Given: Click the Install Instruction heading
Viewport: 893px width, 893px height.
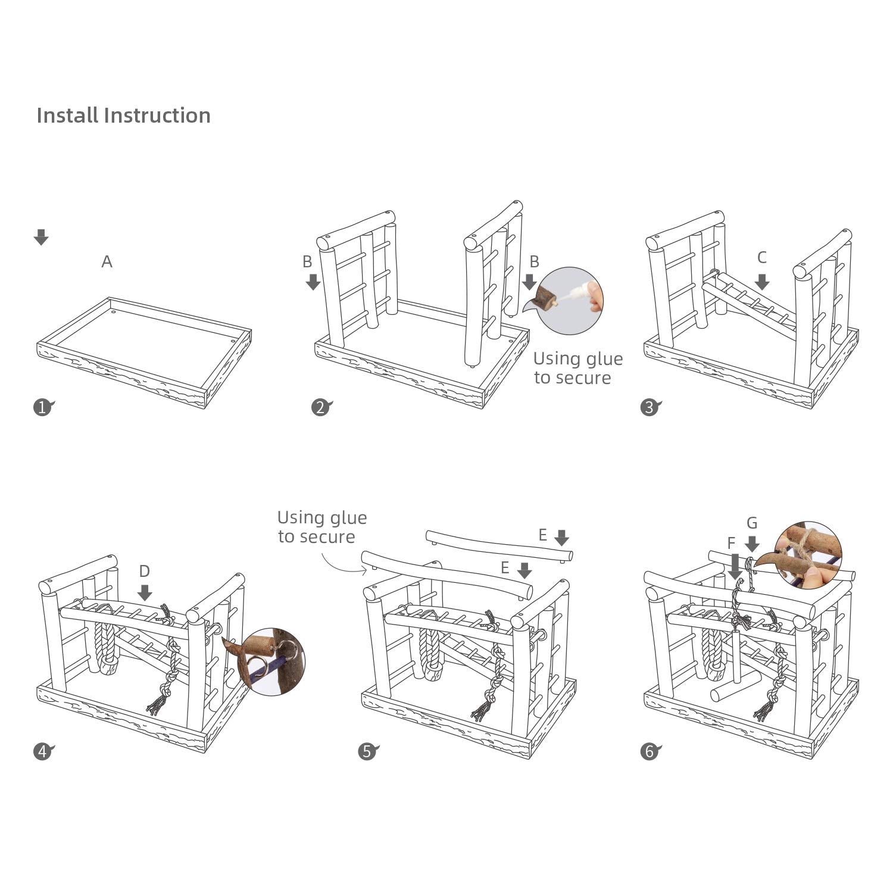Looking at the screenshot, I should [x=123, y=115].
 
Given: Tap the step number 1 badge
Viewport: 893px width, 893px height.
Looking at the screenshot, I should [x=42, y=408].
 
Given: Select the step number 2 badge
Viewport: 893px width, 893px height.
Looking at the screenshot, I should [x=320, y=408].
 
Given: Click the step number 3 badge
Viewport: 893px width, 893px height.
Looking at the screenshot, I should [x=649, y=408].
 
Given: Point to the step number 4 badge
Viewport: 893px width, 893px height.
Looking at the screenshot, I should [x=42, y=752].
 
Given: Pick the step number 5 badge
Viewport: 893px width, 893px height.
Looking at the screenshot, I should [x=367, y=752].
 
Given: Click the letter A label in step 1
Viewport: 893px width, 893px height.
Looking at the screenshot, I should [x=107, y=261].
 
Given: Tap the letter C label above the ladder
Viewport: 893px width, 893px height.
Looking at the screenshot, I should [x=761, y=258].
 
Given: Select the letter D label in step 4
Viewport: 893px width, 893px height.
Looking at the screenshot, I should [x=144, y=572].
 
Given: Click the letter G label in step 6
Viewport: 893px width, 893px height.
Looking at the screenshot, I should [x=752, y=523].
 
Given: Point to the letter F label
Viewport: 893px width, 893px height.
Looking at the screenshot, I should [x=731, y=543].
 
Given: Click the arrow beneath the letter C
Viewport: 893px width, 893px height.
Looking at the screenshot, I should [x=761, y=281].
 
